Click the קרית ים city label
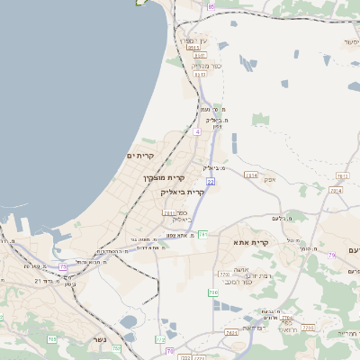point(141,156)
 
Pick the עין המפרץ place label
point(191,41)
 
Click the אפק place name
point(269,179)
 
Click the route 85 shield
point(211,7)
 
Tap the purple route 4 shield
point(196,132)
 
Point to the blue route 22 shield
point(211,182)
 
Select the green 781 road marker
point(203,234)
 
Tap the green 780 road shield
point(212,293)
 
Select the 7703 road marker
point(224,274)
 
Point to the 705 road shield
point(51,338)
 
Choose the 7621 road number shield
point(232,333)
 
